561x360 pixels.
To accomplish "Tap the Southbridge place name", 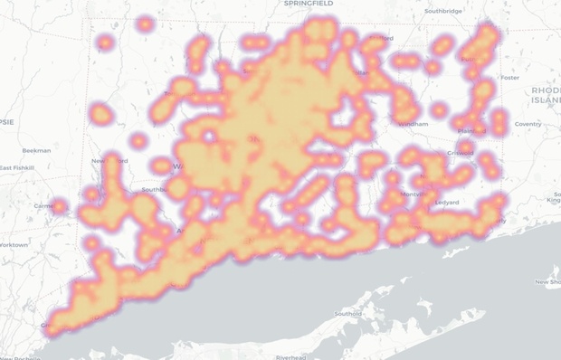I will (442, 11).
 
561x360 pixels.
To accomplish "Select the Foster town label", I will (510, 78).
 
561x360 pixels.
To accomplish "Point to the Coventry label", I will (528, 124).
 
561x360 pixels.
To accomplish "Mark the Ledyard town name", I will (446, 202).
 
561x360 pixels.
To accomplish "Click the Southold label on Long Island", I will (348, 314).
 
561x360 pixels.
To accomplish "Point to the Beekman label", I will (36, 150).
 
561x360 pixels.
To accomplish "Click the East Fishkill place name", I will (16, 168).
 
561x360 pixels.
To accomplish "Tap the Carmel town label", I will (42, 206).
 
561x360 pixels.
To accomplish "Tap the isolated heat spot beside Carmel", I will (60, 207).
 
